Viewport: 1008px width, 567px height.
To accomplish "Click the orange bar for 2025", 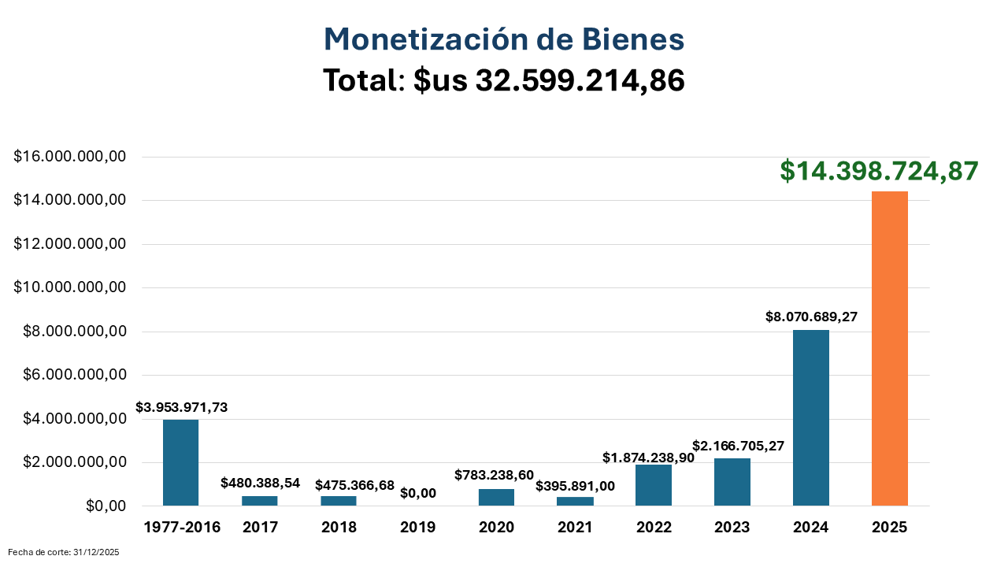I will pyautogui.click(x=890, y=348).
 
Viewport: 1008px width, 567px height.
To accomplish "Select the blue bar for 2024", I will pyautogui.click(x=811, y=417).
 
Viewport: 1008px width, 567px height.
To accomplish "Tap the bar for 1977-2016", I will pyautogui.click(x=181, y=462).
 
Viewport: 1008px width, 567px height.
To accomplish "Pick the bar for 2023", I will pyautogui.click(x=732, y=482).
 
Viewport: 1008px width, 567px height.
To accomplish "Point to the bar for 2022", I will pyautogui.click(x=654, y=485).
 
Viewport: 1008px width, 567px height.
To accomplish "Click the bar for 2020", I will pyautogui.click(x=496, y=497).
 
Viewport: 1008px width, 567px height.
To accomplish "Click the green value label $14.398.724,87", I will pyautogui.click(x=879, y=171).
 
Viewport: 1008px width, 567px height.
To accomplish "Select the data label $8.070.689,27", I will pyautogui.click(x=811, y=317).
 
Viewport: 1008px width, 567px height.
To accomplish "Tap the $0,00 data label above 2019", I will pyautogui.click(x=417, y=493).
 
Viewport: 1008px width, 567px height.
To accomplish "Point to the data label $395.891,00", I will pyautogui.click(x=575, y=486).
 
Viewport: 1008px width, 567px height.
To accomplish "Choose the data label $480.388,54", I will pyautogui.click(x=260, y=483).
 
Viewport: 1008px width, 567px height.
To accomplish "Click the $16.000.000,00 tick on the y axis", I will pyautogui.click(x=70, y=157).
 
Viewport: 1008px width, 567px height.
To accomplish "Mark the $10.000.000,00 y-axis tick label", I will pyautogui.click(x=70, y=287).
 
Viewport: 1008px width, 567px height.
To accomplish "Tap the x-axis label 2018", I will pyautogui.click(x=339, y=528).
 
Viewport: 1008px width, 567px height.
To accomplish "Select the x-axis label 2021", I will pyautogui.click(x=575, y=528).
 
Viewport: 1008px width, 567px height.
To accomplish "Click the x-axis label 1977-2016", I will pyautogui.click(x=182, y=528).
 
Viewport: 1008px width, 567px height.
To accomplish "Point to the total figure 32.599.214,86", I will pyautogui.click(x=580, y=80).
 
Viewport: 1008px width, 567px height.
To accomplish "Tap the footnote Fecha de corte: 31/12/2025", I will pyautogui.click(x=64, y=553).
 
